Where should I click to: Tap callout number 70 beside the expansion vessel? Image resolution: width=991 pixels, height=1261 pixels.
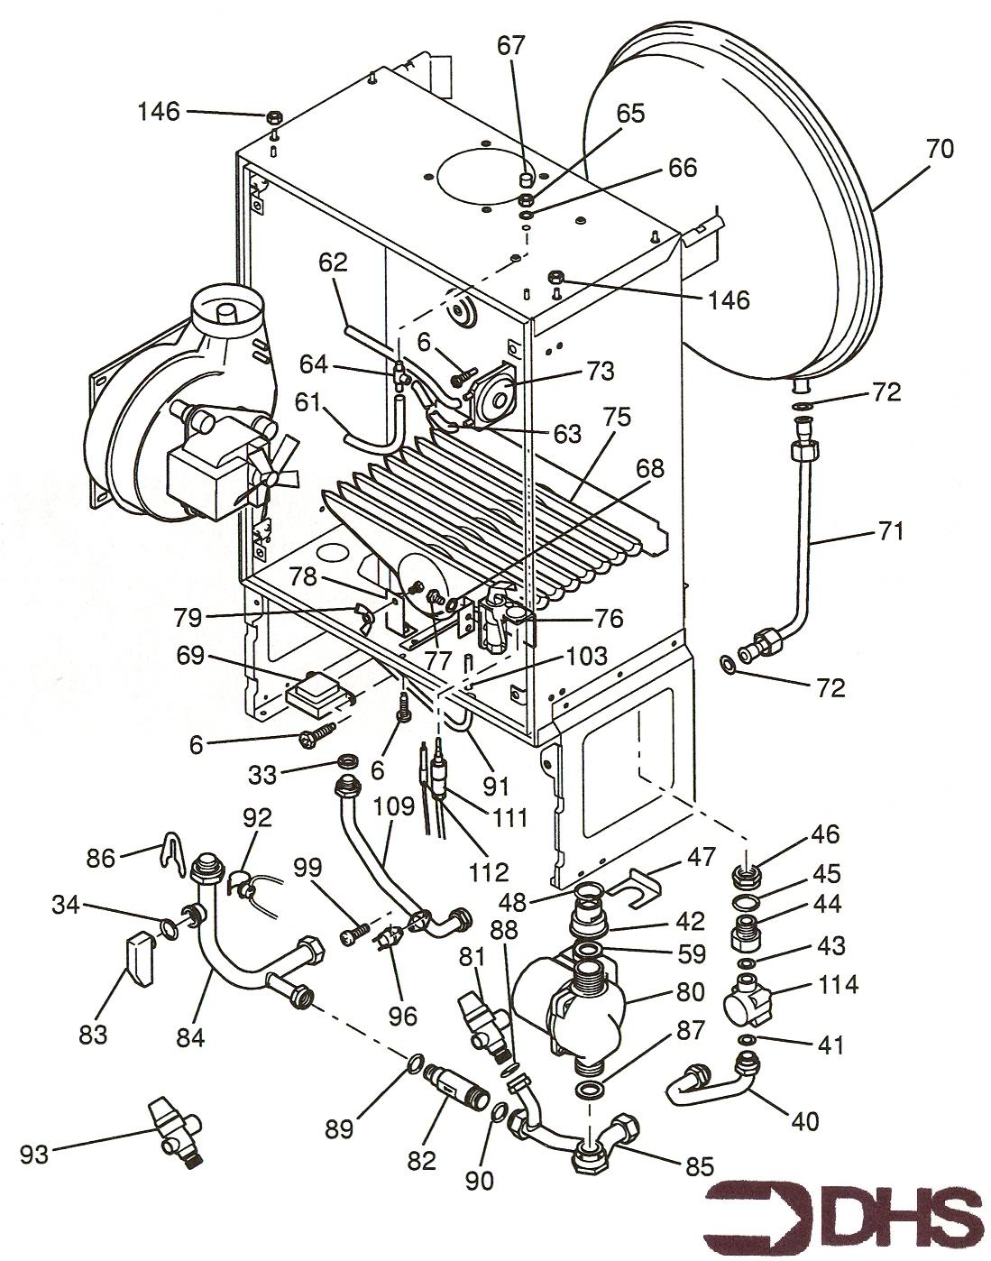click(x=939, y=149)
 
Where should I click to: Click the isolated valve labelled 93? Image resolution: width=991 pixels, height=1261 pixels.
click(x=176, y=1131)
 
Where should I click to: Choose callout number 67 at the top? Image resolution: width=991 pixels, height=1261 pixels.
click(x=511, y=45)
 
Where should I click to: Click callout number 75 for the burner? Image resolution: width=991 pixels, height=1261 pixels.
click(x=618, y=419)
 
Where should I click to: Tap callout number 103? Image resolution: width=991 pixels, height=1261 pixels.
click(x=586, y=655)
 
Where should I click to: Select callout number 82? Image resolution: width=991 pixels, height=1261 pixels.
click(x=420, y=1161)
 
